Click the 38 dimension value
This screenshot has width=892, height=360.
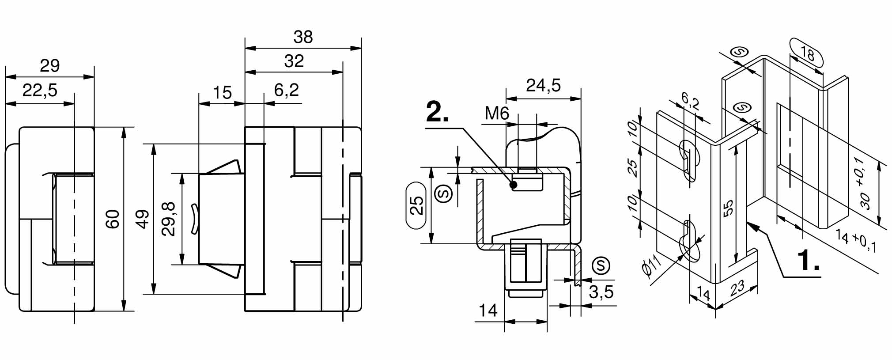303,37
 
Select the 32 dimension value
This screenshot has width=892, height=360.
294,61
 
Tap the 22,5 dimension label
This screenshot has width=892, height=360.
40,90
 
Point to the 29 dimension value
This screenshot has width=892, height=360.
49,66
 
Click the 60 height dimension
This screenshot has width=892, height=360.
113,219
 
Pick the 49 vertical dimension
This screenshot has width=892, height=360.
142,219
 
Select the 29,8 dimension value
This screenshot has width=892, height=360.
169,219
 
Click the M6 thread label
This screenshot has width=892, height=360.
497,114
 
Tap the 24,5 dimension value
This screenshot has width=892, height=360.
543,85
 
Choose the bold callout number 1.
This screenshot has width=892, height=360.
809,260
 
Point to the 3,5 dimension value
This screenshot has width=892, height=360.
601,292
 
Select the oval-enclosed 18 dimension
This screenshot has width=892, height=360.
806,54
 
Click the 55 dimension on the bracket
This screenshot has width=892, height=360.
729,208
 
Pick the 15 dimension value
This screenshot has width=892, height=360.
222,93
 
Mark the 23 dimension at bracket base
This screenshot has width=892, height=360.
737,288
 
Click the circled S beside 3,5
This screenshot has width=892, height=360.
601,265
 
